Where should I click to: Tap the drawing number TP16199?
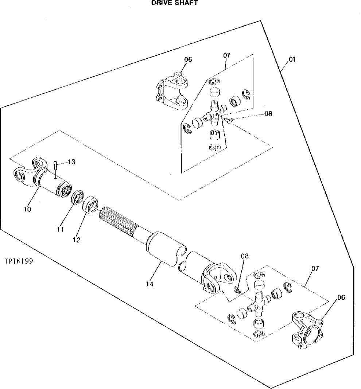pos(19,261)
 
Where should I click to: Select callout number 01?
pos(292,59)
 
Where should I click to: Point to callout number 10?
pos(27,209)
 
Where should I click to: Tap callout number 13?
pos(71,162)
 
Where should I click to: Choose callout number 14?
pos(150,283)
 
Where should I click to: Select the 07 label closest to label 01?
pos(226,55)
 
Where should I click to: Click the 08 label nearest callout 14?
pos(244,256)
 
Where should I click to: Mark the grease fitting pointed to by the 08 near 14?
pos(237,290)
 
